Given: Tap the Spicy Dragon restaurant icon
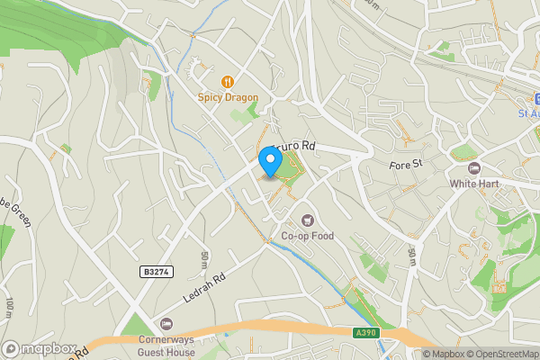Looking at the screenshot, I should pos(228,82).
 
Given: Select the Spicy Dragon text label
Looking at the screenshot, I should pos(228,97).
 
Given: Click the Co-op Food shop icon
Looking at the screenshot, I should pos(308,220).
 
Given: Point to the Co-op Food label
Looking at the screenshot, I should pos(307,236).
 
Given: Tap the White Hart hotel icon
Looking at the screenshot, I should pos(474,168).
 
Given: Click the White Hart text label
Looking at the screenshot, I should pos(474,184).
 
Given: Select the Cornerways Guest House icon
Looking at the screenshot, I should pos(165,324).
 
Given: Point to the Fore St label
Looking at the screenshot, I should pos(406,165).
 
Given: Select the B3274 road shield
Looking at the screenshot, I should pos(155,270).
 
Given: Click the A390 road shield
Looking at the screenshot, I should pos(364,332).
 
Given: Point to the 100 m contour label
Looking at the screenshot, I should pos(8,306).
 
